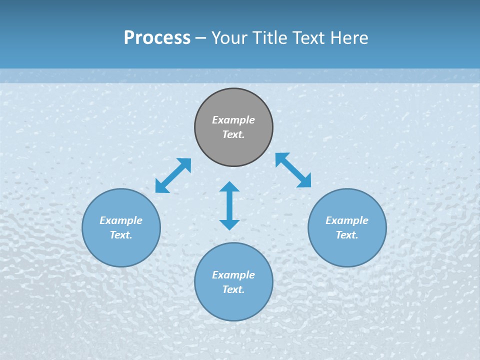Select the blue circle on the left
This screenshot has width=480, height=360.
pyautogui.click(x=121, y=250)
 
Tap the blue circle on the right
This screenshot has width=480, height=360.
pyautogui.click(x=347, y=250)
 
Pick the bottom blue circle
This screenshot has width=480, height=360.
pyautogui.click(x=233, y=305)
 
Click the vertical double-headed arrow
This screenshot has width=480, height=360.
pyautogui.click(x=229, y=205)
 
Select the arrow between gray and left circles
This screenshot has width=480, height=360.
pyautogui.click(x=173, y=175)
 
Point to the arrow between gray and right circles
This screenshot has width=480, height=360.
pyautogui.click(x=293, y=170)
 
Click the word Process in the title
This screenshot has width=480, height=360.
pyautogui.click(x=157, y=37)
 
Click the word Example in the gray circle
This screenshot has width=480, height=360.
pyautogui.click(x=233, y=120)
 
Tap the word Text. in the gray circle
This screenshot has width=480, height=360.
pyautogui.click(x=233, y=134)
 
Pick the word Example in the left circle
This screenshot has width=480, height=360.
pyautogui.click(x=121, y=220)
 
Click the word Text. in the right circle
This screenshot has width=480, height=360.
pyautogui.click(x=347, y=235)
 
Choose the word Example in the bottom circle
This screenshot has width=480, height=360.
pyautogui.click(x=233, y=275)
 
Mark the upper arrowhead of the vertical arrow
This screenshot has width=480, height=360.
pyautogui.click(x=229, y=187)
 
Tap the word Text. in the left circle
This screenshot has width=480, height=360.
pyautogui.click(x=121, y=235)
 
